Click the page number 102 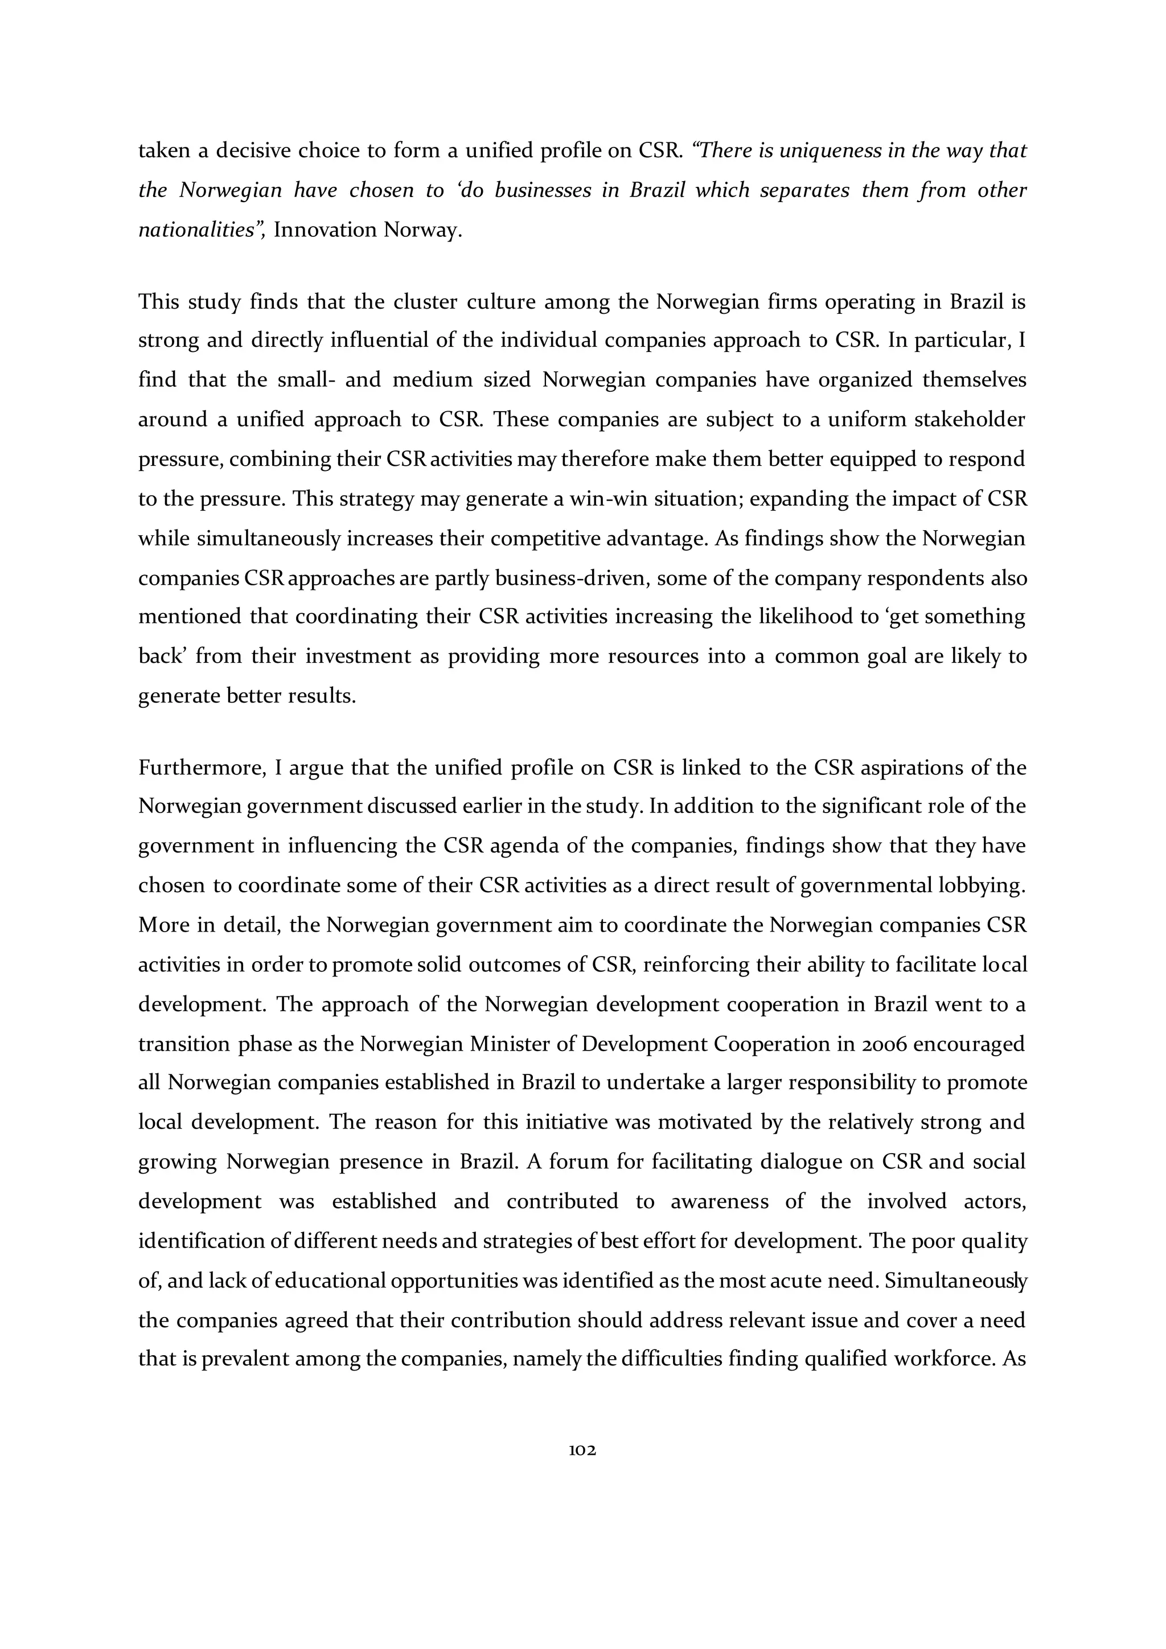582,1450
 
